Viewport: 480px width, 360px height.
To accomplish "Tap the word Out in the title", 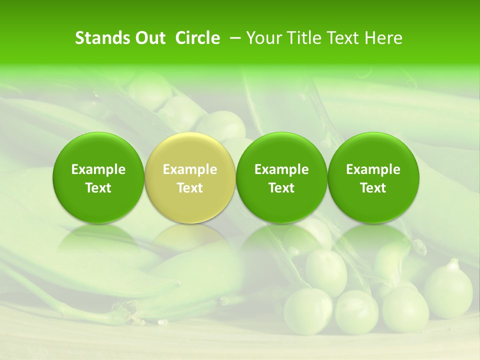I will point(149,38).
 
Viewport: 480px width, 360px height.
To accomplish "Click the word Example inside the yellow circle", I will point(190,169).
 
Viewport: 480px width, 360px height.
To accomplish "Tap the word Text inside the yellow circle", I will point(190,188).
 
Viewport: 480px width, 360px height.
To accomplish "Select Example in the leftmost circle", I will point(98,169).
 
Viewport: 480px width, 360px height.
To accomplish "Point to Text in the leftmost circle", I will point(98,188).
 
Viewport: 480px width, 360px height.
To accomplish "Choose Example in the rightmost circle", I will point(373,169).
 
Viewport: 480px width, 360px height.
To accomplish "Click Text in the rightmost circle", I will point(373,188).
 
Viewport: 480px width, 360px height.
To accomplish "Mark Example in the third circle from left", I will point(281,169).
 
